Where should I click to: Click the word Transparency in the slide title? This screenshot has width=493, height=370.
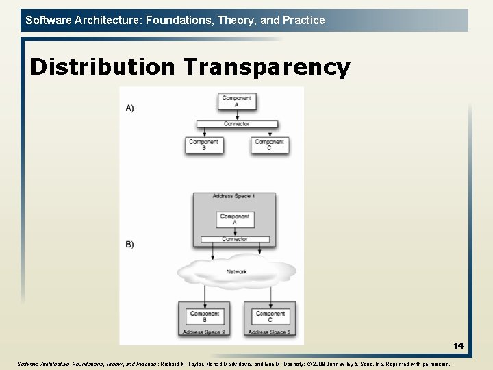[266, 67]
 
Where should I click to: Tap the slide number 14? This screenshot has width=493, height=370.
[458, 346]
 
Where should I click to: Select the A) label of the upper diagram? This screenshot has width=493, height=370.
[130, 108]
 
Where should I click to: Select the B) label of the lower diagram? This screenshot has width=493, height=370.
[130, 245]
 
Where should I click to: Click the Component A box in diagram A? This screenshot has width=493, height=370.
[236, 101]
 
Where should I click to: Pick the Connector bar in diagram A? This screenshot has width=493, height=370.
[236, 124]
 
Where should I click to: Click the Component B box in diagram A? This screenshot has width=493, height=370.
[203, 145]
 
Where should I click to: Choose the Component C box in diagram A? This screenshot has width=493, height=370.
[269, 145]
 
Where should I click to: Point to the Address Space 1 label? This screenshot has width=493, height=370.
[233, 197]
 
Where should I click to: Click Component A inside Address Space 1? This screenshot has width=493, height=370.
[235, 219]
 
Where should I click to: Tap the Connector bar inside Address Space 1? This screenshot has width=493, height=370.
[235, 239]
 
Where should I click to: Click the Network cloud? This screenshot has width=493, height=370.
[236, 272]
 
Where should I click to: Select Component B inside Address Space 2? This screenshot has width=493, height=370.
[205, 317]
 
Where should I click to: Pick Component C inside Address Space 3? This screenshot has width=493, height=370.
[270, 317]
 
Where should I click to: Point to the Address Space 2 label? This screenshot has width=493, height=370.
[203, 332]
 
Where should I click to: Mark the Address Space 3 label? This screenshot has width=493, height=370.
[268, 332]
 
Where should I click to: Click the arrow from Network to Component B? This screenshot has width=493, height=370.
[205, 294]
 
